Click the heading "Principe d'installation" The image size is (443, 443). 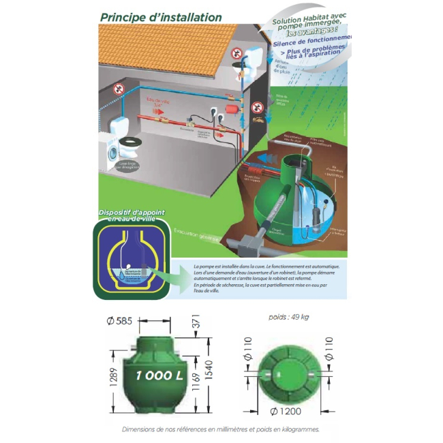point(160,16)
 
